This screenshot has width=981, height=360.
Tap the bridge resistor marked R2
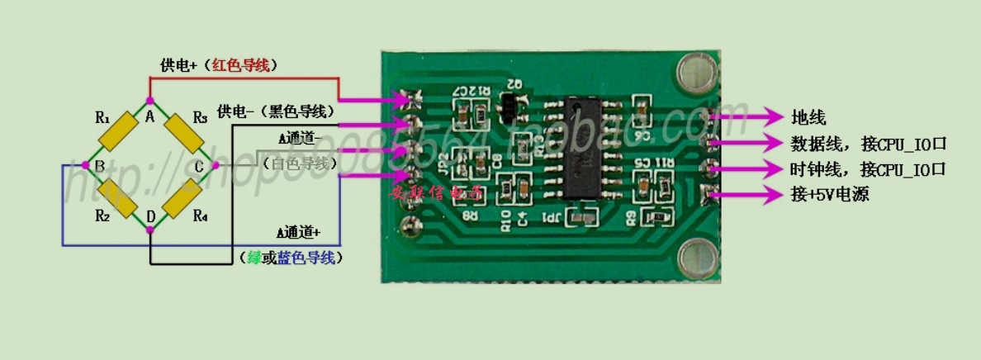tap(115, 200)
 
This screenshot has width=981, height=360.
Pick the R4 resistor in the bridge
tap(184, 200)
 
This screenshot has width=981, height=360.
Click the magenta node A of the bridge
tap(149, 100)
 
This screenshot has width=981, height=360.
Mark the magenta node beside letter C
tap(215, 166)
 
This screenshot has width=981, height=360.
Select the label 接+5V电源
tap(830, 196)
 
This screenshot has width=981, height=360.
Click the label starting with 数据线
tap(868, 144)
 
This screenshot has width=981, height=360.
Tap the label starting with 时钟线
tap(868, 170)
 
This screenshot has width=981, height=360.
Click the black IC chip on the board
tap(589, 149)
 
